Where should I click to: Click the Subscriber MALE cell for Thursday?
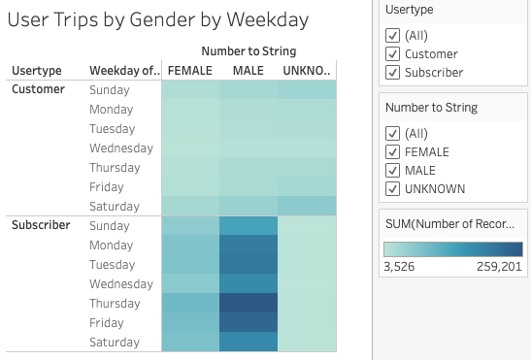248,303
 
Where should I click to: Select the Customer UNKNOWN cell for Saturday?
307,206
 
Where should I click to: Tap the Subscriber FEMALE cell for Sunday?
189,225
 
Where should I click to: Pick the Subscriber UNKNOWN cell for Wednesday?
307,283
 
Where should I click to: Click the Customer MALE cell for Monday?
248,109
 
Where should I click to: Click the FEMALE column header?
189,70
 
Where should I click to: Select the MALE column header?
248,70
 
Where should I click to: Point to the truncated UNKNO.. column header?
307,70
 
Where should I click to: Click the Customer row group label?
38,89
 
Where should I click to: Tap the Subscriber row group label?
41,225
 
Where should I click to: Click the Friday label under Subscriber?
107,322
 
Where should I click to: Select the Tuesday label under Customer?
113,128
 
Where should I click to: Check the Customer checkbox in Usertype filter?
392,53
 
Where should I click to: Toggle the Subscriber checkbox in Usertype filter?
392,72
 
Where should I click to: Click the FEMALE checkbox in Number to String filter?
392,151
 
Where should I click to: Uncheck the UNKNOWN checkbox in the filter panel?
392,188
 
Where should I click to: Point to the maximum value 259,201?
498,267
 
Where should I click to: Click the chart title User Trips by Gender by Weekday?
157,18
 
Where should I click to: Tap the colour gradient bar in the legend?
453,249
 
